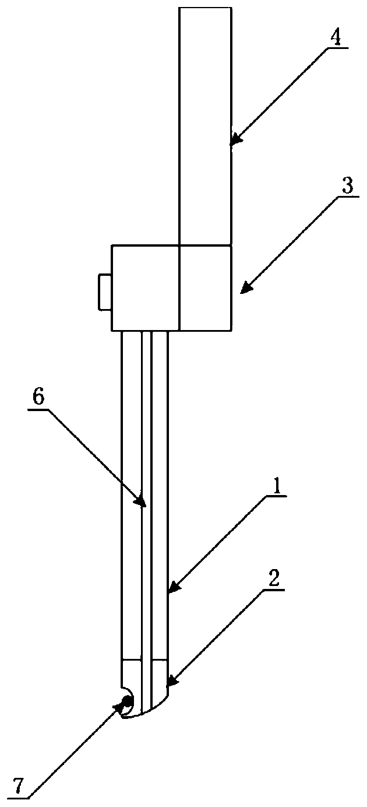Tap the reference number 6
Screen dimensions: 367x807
pyautogui.click(x=37, y=398)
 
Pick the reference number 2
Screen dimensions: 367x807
pyautogui.click(x=274, y=578)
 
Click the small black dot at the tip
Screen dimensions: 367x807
pyautogui.click(x=126, y=700)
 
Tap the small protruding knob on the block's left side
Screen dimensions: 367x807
pyautogui.click(x=105, y=291)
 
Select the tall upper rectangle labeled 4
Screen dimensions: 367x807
pyautogui.click(x=205, y=125)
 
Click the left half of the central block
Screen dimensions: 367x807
pyautogui.click(x=145, y=287)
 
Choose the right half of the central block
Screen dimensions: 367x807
pyautogui.click(x=205, y=287)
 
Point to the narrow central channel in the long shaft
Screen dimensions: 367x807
pyautogui.click(x=147, y=496)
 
